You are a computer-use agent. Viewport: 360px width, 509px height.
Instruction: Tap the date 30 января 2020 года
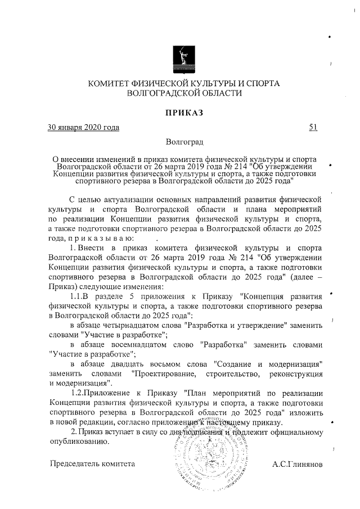click(84, 128)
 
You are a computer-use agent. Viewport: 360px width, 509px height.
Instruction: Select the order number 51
click(313, 128)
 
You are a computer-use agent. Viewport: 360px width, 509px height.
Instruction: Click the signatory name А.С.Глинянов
click(297, 465)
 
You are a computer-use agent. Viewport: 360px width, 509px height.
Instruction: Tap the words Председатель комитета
click(92, 465)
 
